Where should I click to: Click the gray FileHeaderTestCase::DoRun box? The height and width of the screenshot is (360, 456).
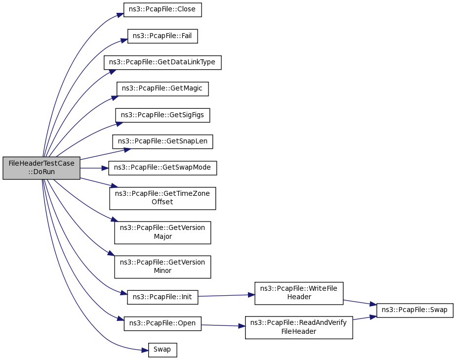41,168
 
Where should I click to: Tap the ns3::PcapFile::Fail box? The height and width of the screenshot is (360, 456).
163,36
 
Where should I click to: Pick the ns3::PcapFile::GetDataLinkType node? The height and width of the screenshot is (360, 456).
162,62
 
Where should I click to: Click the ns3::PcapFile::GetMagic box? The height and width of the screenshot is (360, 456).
163,89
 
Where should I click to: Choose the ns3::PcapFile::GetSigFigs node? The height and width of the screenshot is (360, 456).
163,115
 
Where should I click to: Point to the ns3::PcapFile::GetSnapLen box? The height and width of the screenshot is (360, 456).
163,141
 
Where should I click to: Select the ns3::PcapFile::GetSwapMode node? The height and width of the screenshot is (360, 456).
163,168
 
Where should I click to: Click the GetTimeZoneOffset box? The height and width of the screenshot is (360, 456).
163,198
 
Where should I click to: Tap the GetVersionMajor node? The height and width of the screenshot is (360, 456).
163,232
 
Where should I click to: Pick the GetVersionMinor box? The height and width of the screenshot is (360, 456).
163,267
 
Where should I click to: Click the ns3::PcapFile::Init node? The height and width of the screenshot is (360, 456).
163,298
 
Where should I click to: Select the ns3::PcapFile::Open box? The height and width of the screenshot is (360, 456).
163,324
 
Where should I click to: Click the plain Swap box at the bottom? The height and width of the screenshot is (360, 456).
163,350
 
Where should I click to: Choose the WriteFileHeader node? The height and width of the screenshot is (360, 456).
299,293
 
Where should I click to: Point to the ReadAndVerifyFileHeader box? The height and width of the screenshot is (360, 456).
299,327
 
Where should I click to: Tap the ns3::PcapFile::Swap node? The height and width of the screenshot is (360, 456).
415,310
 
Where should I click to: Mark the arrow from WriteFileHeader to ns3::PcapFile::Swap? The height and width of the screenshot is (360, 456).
360,302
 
